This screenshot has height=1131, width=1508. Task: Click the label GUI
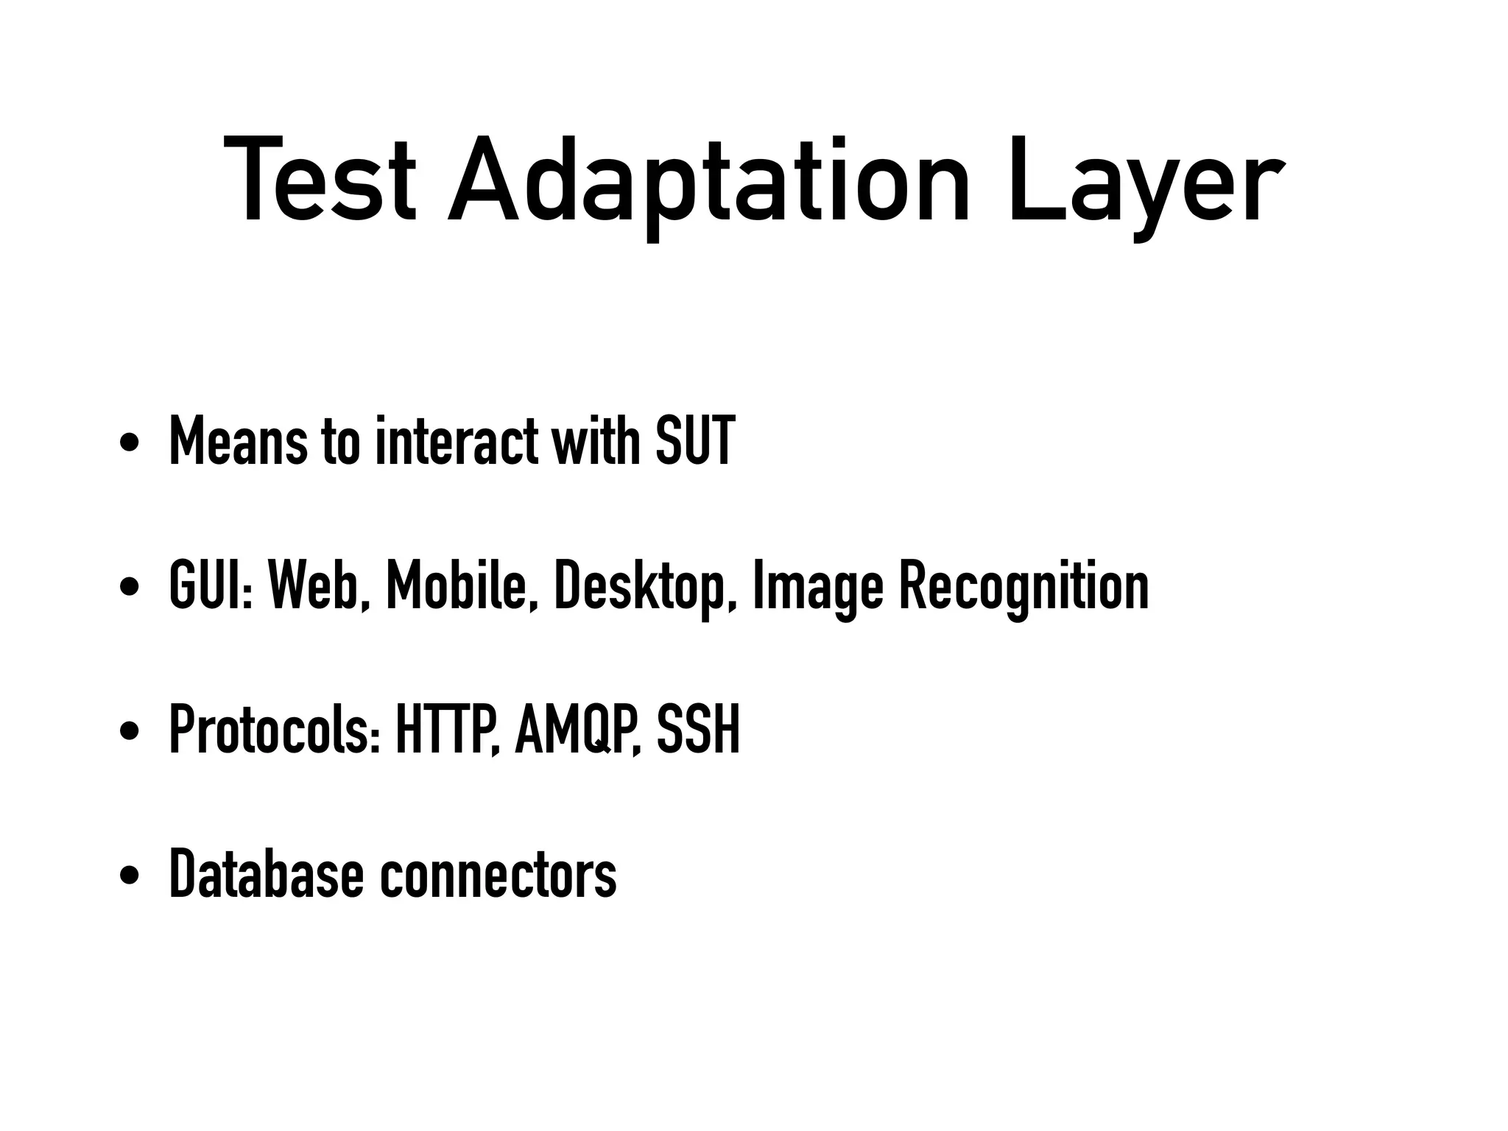pos(207,586)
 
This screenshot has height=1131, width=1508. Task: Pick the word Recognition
pos(1023,586)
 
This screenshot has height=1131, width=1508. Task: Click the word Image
pos(817,586)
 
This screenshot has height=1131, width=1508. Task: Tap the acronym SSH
pos(698,730)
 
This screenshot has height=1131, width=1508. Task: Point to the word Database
pos(266,875)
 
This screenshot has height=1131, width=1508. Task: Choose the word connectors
pos(498,875)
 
